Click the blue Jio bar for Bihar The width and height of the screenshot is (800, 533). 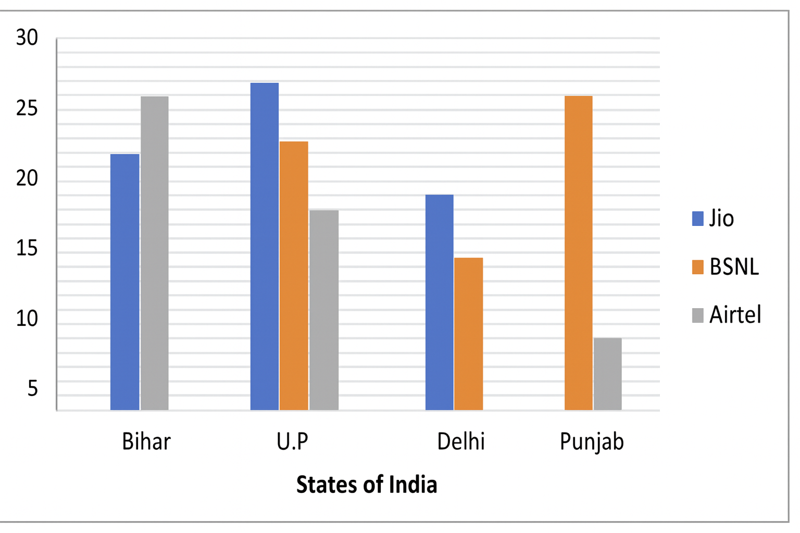(125, 282)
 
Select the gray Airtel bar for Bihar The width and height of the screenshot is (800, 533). (155, 253)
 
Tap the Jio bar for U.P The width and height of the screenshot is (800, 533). (265, 246)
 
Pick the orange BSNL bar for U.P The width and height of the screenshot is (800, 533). (294, 276)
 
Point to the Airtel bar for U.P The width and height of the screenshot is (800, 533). (324, 310)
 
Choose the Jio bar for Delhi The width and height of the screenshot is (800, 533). (440, 302)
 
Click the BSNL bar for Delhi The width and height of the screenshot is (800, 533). (469, 334)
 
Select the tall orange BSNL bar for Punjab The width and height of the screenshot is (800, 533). (579, 253)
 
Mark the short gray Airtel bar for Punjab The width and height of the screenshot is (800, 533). (608, 374)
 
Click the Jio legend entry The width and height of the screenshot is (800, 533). (714, 218)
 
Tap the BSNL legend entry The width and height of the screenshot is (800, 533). (726, 267)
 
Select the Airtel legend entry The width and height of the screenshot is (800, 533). (727, 315)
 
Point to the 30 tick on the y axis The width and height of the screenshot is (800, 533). (27, 38)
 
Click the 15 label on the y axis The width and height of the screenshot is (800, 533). (27, 249)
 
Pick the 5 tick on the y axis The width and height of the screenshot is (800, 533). (32, 388)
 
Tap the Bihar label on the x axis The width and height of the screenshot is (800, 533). (146, 442)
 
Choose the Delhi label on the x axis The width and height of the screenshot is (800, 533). (461, 442)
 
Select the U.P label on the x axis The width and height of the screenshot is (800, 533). (293, 442)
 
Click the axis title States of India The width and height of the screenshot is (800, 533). (367, 485)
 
